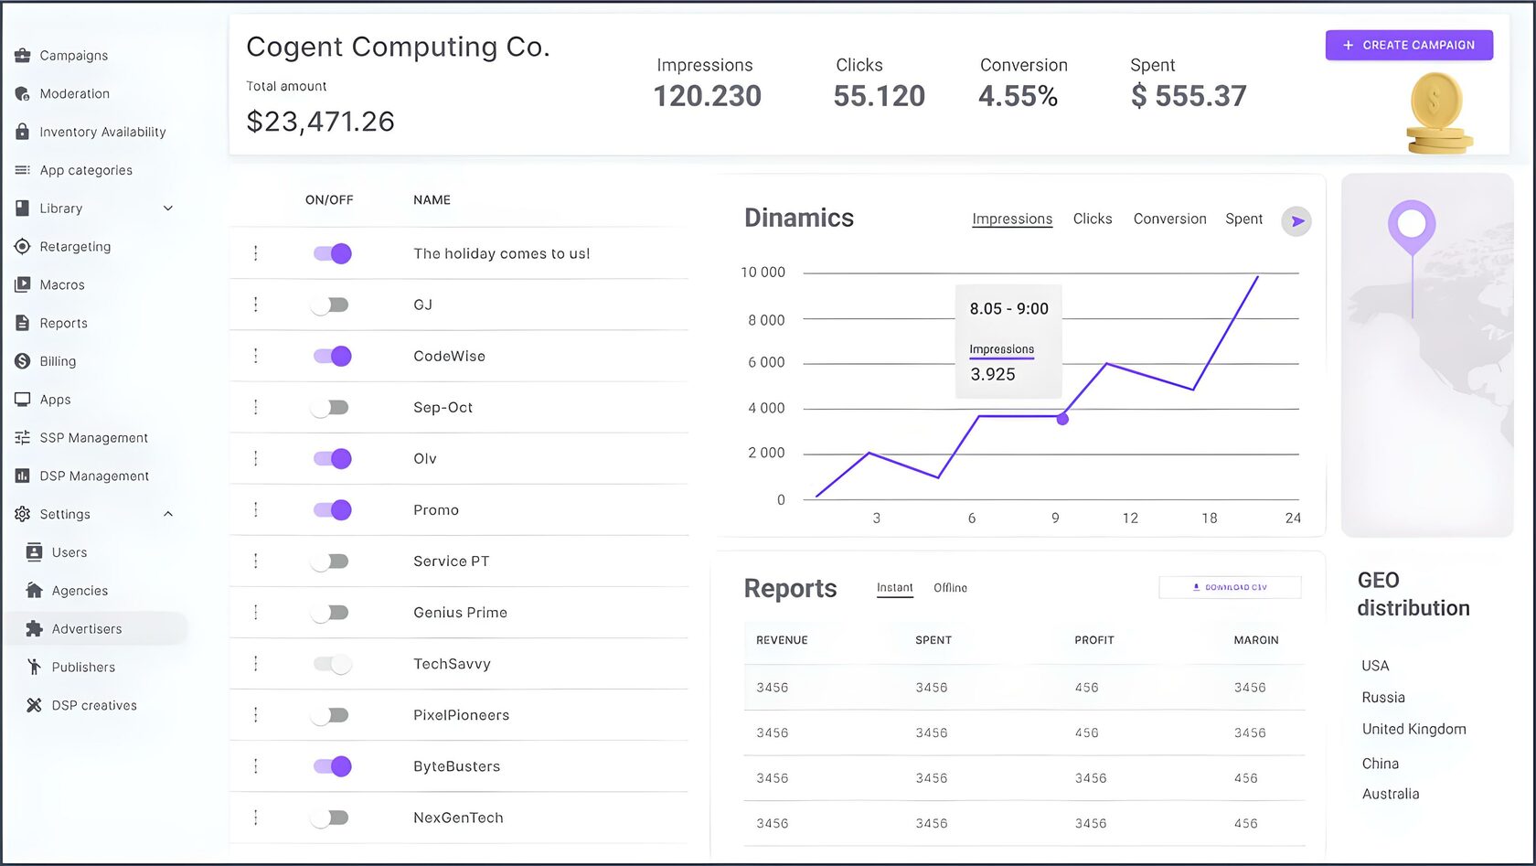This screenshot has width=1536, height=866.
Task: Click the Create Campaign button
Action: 1409,45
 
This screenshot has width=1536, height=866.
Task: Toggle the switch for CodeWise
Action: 332,356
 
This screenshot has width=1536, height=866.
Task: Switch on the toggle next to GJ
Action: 330,305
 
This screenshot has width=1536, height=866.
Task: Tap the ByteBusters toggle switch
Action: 332,766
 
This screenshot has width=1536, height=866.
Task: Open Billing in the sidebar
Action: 58,361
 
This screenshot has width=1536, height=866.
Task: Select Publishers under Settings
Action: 83,668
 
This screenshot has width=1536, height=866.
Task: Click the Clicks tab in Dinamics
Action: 1093,219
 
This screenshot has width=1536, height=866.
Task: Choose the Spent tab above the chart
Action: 1243,219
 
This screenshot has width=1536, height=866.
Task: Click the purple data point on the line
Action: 1062,419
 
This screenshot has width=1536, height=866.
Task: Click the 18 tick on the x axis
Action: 1209,519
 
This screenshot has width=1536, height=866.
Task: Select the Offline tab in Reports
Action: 950,588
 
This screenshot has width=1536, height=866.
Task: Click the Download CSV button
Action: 1230,587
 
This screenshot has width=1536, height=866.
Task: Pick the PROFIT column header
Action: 1093,640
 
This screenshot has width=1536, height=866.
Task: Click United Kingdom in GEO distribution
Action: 1413,729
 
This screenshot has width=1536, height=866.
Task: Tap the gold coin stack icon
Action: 1438,114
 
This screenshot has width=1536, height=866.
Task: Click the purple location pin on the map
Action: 1412,224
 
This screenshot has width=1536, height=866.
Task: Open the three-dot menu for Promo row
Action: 256,509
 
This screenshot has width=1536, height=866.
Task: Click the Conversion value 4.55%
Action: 1018,96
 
